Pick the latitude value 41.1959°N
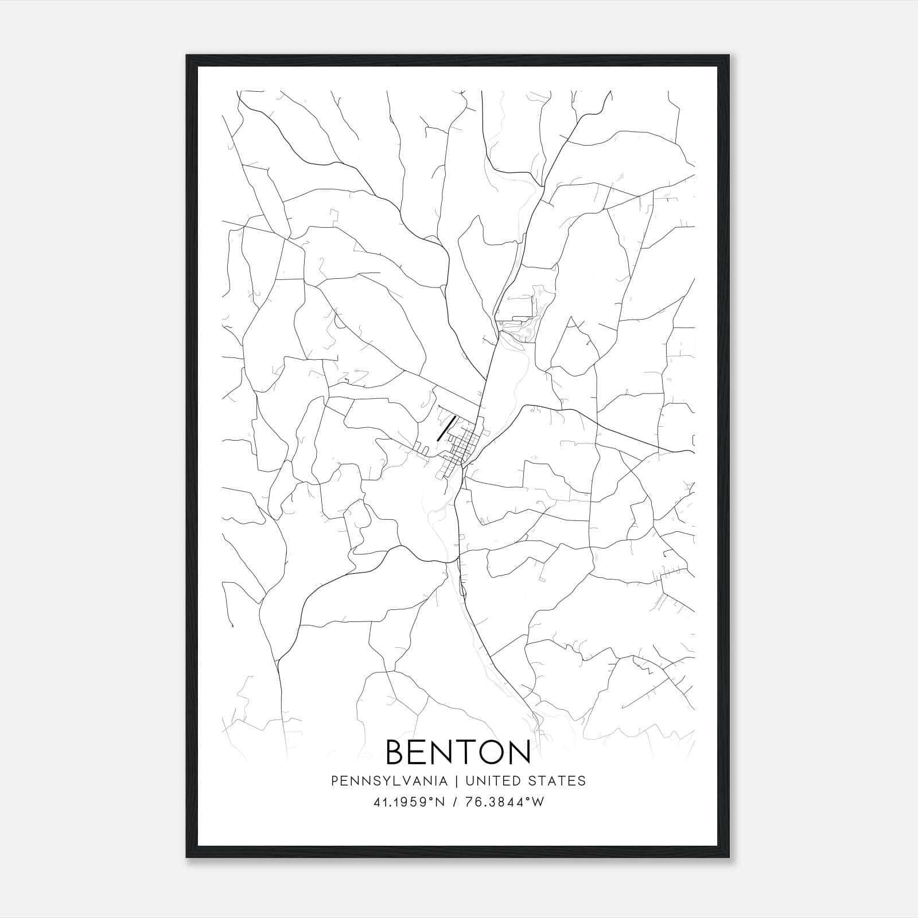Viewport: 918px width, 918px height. (x=409, y=802)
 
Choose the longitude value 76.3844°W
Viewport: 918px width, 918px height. (x=505, y=802)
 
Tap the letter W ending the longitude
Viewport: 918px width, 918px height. (x=538, y=802)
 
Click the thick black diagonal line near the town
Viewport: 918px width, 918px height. (x=446, y=428)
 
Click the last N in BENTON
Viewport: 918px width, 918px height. (x=518, y=752)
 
